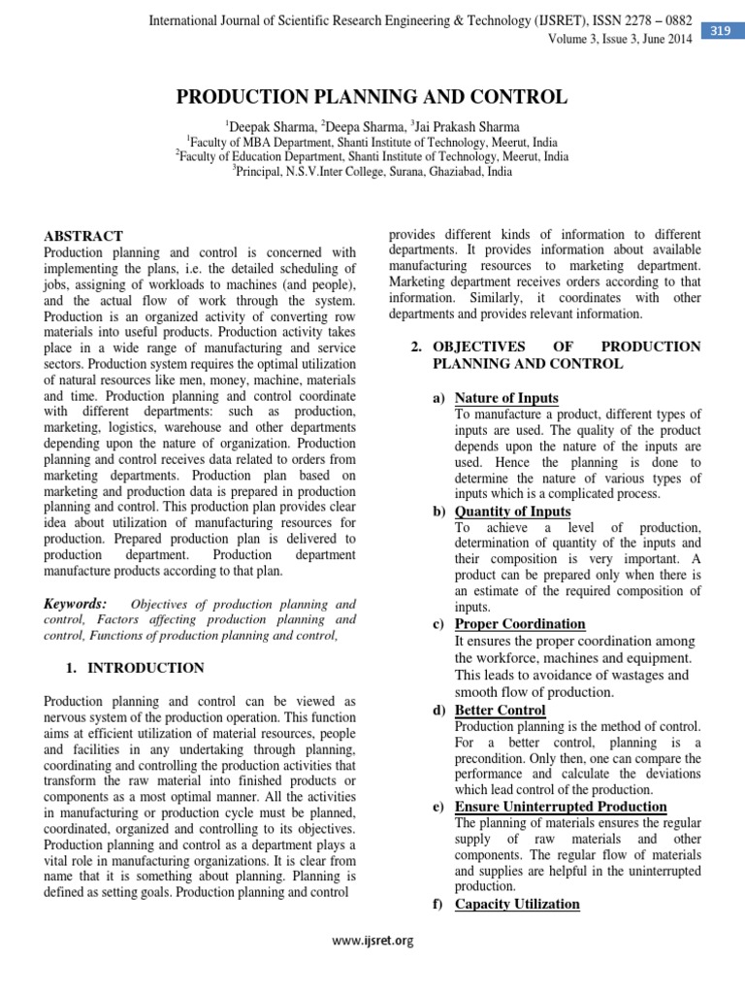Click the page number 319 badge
pos(721,31)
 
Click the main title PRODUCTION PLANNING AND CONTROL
pos(371,97)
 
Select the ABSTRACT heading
pos(84,236)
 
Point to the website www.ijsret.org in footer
pos(372,940)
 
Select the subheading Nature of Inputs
pos(506,398)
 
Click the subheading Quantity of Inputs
pos(512,512)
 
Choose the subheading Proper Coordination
pos(520,624)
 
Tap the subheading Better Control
pos(500,711)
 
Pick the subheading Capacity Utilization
pos(517,904)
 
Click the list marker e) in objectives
pos(438,807)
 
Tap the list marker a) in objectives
pos(438,398)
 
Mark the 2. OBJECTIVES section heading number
pos(415,347)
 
